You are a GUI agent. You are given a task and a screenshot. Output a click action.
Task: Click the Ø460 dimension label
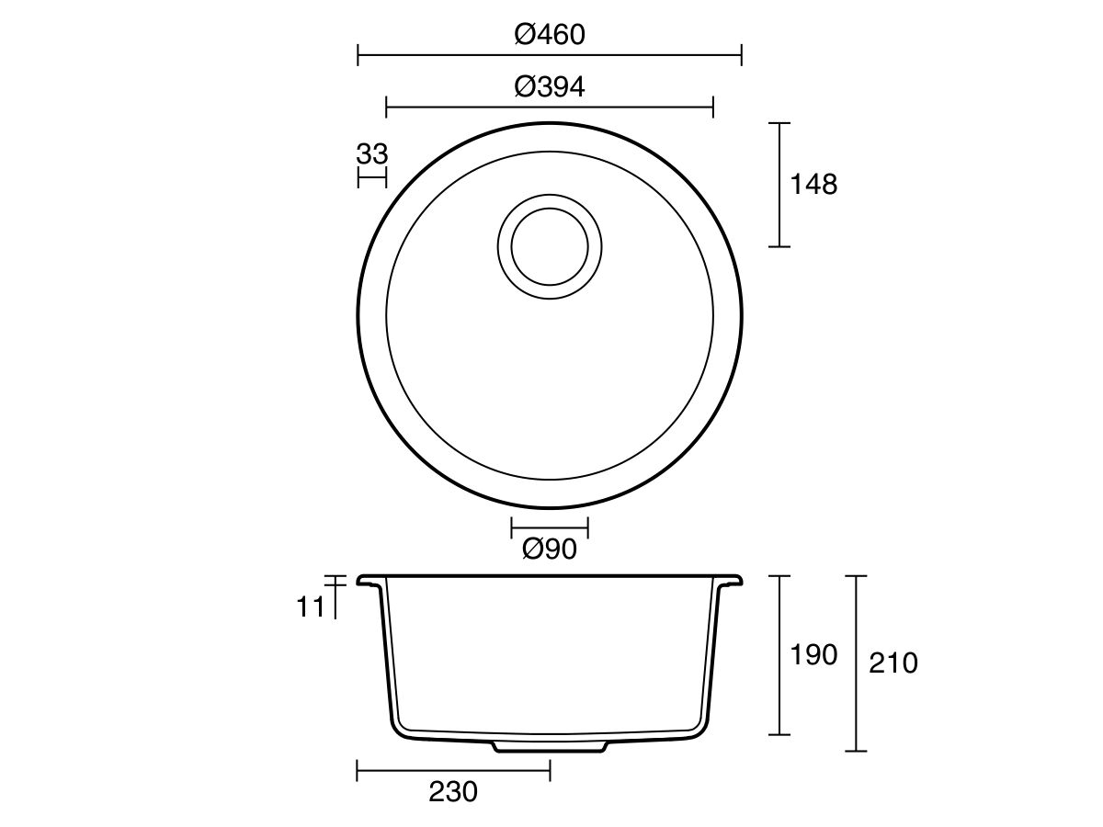(550, 35)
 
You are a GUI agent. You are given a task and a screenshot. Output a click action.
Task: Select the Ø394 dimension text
(550, 87)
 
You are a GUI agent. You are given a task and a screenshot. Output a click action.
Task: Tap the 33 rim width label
(372, 153)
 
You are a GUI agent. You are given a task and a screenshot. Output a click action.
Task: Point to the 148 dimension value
(813, 185)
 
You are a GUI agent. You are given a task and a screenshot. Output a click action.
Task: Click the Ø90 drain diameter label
(550, 549)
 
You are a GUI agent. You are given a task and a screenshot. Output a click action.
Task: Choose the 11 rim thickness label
(311, 606)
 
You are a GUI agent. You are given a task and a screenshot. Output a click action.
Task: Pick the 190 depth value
(813, 655)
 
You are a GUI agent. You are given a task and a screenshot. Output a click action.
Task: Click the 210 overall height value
(893, 663)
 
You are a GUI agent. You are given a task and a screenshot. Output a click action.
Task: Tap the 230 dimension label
(453, 792)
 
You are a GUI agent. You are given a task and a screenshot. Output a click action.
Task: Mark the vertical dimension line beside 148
(779, 185)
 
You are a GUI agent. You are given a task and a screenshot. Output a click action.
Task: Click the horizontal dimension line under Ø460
(550, 56)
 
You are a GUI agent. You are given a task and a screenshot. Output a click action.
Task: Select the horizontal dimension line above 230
(453, 770)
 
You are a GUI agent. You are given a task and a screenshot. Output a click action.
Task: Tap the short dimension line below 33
(372, 178)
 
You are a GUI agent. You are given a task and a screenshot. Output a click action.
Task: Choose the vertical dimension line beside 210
(856, 663)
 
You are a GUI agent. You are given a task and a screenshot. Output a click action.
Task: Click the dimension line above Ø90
(550, 527)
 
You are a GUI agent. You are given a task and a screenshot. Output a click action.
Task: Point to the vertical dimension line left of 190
(779, 655)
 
